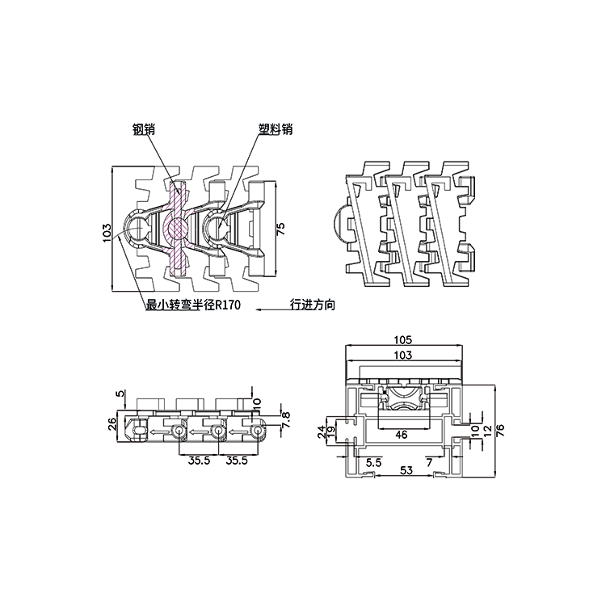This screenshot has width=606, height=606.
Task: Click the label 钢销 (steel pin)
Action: (145, 128)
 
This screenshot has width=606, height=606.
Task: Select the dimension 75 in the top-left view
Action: (280, 229)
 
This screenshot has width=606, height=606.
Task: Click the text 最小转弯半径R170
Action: (193, 305)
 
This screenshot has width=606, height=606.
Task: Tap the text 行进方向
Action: (312, 305)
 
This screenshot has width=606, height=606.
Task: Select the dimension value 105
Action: (403, 339)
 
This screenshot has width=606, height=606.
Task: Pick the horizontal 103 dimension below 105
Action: (403, 355)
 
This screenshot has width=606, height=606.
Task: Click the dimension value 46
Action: (402, 434)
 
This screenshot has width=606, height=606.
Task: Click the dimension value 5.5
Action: (373, 461)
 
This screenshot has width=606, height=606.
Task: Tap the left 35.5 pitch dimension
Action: (200, 461)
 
